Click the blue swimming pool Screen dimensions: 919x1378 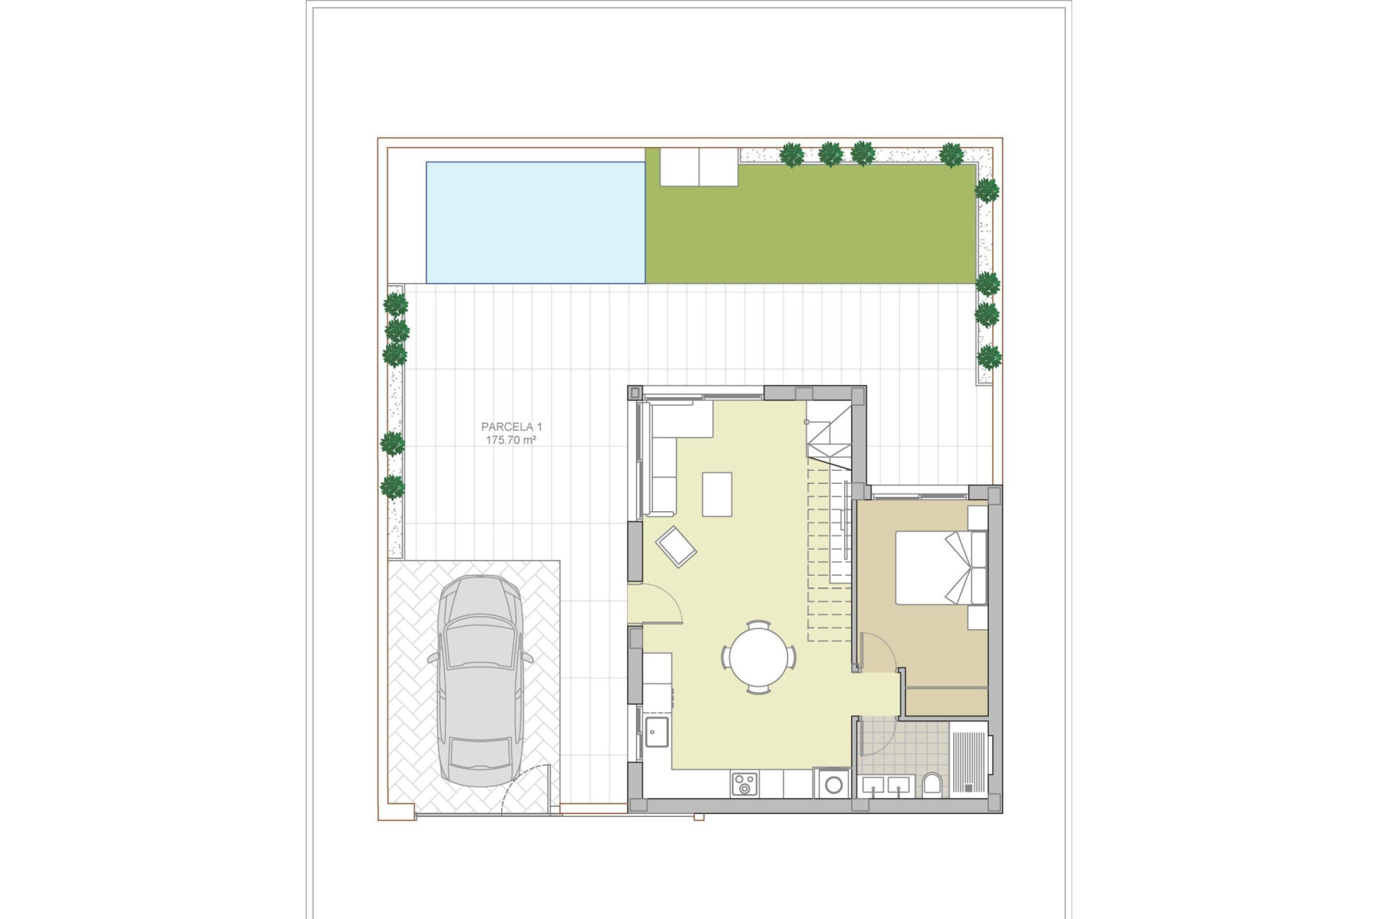tap(535, 223)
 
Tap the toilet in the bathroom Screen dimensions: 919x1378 tap(932, 784)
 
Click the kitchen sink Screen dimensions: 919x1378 tap(657, 732)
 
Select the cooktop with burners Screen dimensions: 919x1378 tap(744, 784)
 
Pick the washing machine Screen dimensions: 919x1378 tap(833, 784)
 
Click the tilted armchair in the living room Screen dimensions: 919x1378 tap(675, 546)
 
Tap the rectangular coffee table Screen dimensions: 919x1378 tap(717, 494)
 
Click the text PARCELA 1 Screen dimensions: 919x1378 tap(511, 427)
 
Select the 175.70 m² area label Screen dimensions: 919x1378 tap(511, 440)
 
